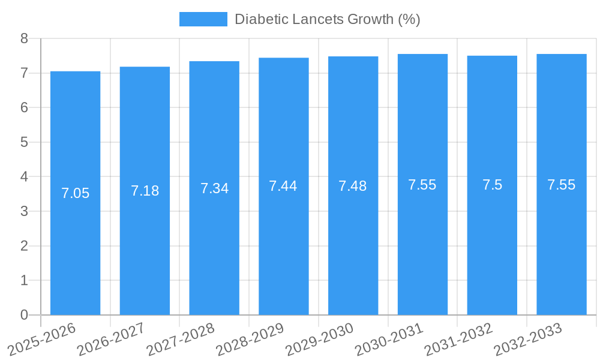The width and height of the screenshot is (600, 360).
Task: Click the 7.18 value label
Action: pyautogui.click(x=145, y=191)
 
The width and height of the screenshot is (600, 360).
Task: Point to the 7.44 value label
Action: pyautogui.click(x=283, y=186)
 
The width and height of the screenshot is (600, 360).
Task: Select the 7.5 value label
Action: pyautogui.click(x=492, y=185)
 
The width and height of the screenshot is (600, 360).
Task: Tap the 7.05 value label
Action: pyautogui.click(x=75, y=193)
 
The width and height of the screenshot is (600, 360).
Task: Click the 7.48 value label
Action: pyautogui.click(x=353, y=186)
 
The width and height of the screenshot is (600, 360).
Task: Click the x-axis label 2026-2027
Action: pyautogui.click(x=111, y=338)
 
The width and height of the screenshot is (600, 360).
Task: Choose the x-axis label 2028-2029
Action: pyautogui.click(x=250, y=338)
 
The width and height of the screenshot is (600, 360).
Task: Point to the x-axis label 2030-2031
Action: pyautogui.click(x=389, y=338)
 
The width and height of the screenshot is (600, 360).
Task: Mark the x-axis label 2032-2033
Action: pyautogui.click(x=527, y=338)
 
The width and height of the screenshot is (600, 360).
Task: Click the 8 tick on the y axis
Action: pyautogui.click(x=24, y=38)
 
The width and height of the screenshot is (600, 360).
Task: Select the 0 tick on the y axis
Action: pyautogui.click(x=24, y=315)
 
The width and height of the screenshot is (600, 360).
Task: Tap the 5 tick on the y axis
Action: pyautogui.click(x=24, y=142)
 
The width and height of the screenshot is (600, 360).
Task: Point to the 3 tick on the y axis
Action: pyautogui.click(x=24, y=211)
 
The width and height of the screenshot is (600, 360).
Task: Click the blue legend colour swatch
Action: pyautogui.click(x=203, y=19)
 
